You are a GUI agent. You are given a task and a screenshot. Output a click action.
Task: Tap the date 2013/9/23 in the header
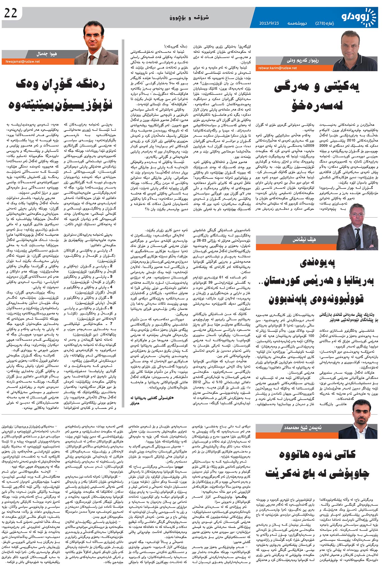pyautogui.click(x=269, y=23)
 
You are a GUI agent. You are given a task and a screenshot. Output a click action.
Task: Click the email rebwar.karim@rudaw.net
pyautogui.click(x=278, y=68)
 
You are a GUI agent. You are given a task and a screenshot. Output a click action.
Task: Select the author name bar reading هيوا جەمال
pyautogui.click(x=46, y=54)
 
